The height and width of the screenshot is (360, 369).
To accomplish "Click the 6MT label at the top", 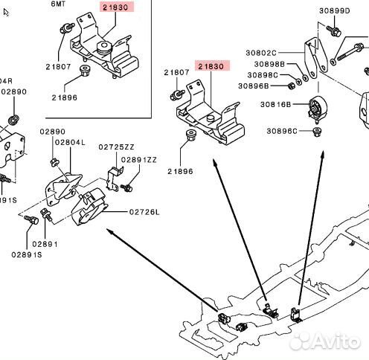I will tap(58, 4).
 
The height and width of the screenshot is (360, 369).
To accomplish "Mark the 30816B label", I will tap(272, 105).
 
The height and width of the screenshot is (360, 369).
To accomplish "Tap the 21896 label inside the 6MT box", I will tap(64, 97).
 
